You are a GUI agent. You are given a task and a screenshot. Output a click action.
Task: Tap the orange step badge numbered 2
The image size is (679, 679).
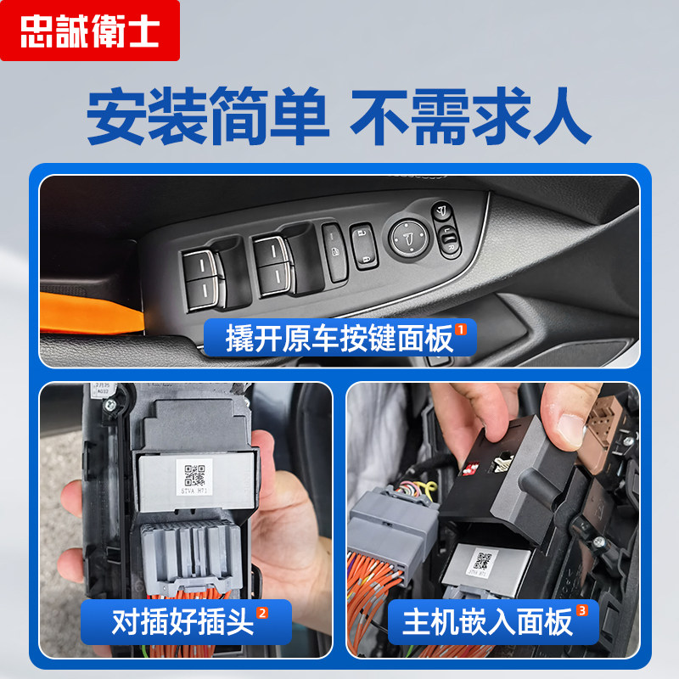pyautogui.click(x=262, y=613)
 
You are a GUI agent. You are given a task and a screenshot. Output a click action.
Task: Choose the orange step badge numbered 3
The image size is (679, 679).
pyautogui.click(x=581, y=610)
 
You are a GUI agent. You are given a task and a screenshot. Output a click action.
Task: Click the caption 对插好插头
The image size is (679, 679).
pyautogui.click(x=182, y=623)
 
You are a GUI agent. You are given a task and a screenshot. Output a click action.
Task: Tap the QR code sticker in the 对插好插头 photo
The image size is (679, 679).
pyautogui.click(x=196, y=473)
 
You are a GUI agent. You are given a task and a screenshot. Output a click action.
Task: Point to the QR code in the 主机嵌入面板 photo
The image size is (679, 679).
pyautogui.click(x=483, y=560)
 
